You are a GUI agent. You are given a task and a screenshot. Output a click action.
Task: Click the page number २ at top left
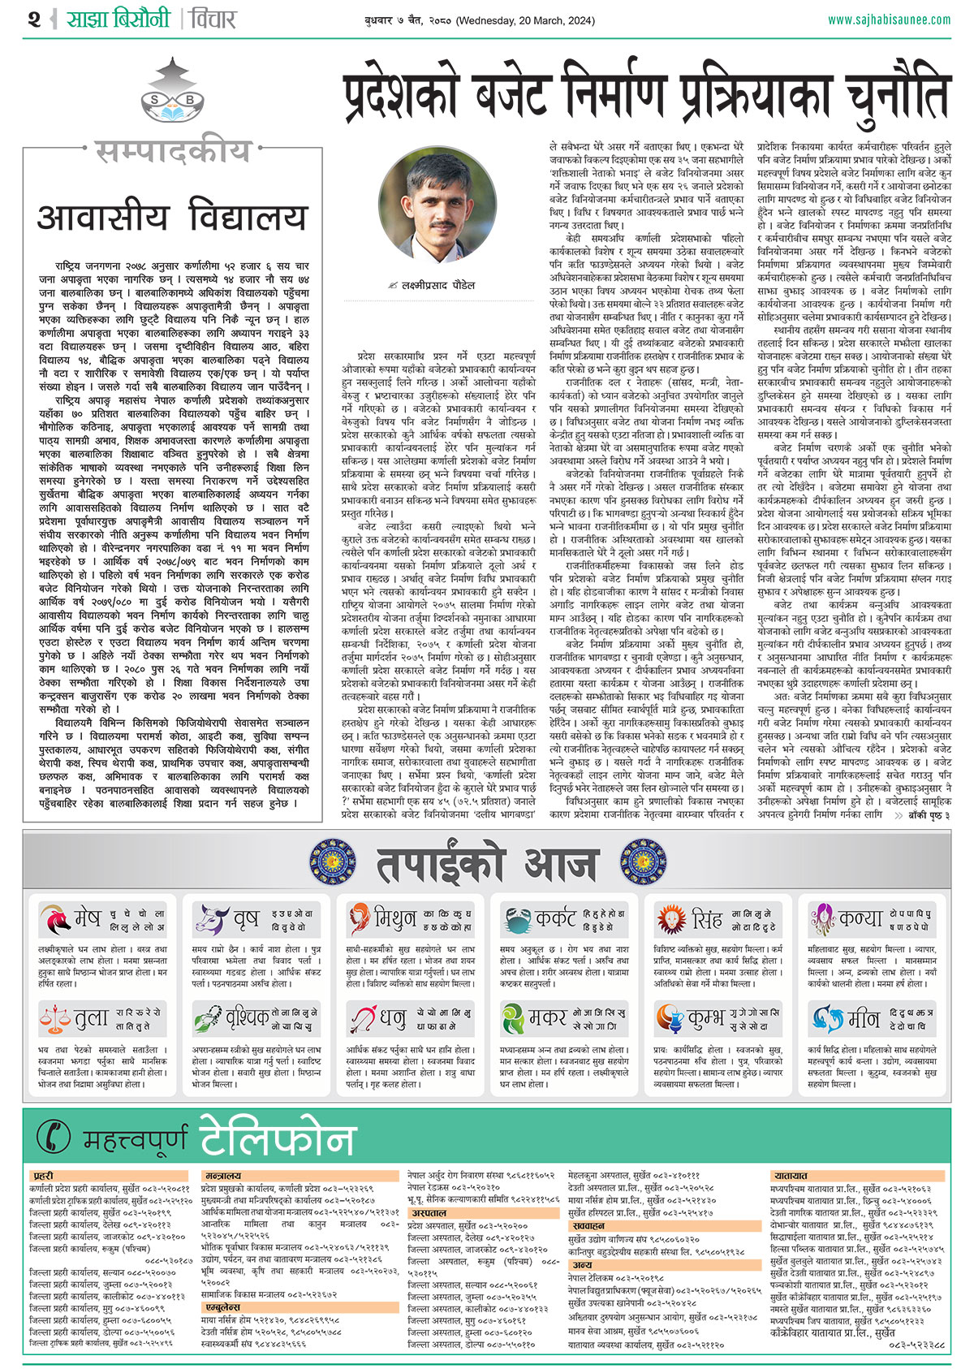(x=34, y=19)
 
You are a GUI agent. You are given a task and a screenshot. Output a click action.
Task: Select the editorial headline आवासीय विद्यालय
(x=172, y=218)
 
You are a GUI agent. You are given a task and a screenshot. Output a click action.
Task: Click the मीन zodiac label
(x=864, y=1017)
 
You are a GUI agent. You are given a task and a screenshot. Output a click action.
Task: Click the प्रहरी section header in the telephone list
(x=44, y=1176)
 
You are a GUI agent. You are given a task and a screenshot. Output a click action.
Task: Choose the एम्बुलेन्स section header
(x=222, y=1308)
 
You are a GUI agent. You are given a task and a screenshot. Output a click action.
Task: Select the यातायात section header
(x=791, y=1176)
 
